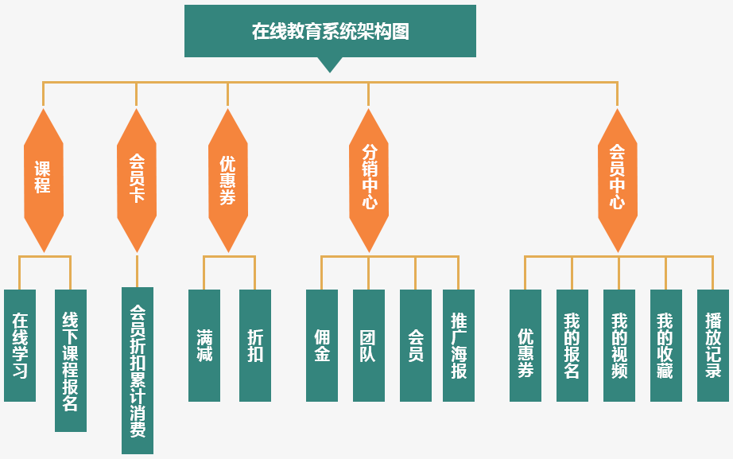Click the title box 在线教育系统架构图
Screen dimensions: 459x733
pos(330,32)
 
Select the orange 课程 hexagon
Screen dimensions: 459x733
pos(44,180)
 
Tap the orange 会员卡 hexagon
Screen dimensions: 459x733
pos(137,180)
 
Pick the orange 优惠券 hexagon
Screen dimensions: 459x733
pos(228,180)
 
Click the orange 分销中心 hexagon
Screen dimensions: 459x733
pos(369,180)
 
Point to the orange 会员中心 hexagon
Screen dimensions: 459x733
pos(618,180)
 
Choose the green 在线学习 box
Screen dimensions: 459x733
pos(20,345)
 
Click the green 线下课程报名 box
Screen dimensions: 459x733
pos(70,360)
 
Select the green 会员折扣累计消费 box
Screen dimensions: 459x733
pos(138,371)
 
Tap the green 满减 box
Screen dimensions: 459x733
pos(204,345)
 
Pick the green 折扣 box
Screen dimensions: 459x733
pos(255,345)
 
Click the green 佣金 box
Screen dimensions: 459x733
pos(322,345)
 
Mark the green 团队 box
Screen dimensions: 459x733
pos(369,345)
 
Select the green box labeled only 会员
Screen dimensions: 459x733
pos(416,345)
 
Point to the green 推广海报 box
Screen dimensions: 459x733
pos(459,345)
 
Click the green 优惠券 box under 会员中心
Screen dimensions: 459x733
pos(526,345)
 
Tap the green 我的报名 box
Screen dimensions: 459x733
pos(572,345)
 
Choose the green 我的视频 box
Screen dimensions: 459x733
pos(619,345)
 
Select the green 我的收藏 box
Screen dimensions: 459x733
pos(666,345)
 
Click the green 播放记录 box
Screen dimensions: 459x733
pos(713,345)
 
